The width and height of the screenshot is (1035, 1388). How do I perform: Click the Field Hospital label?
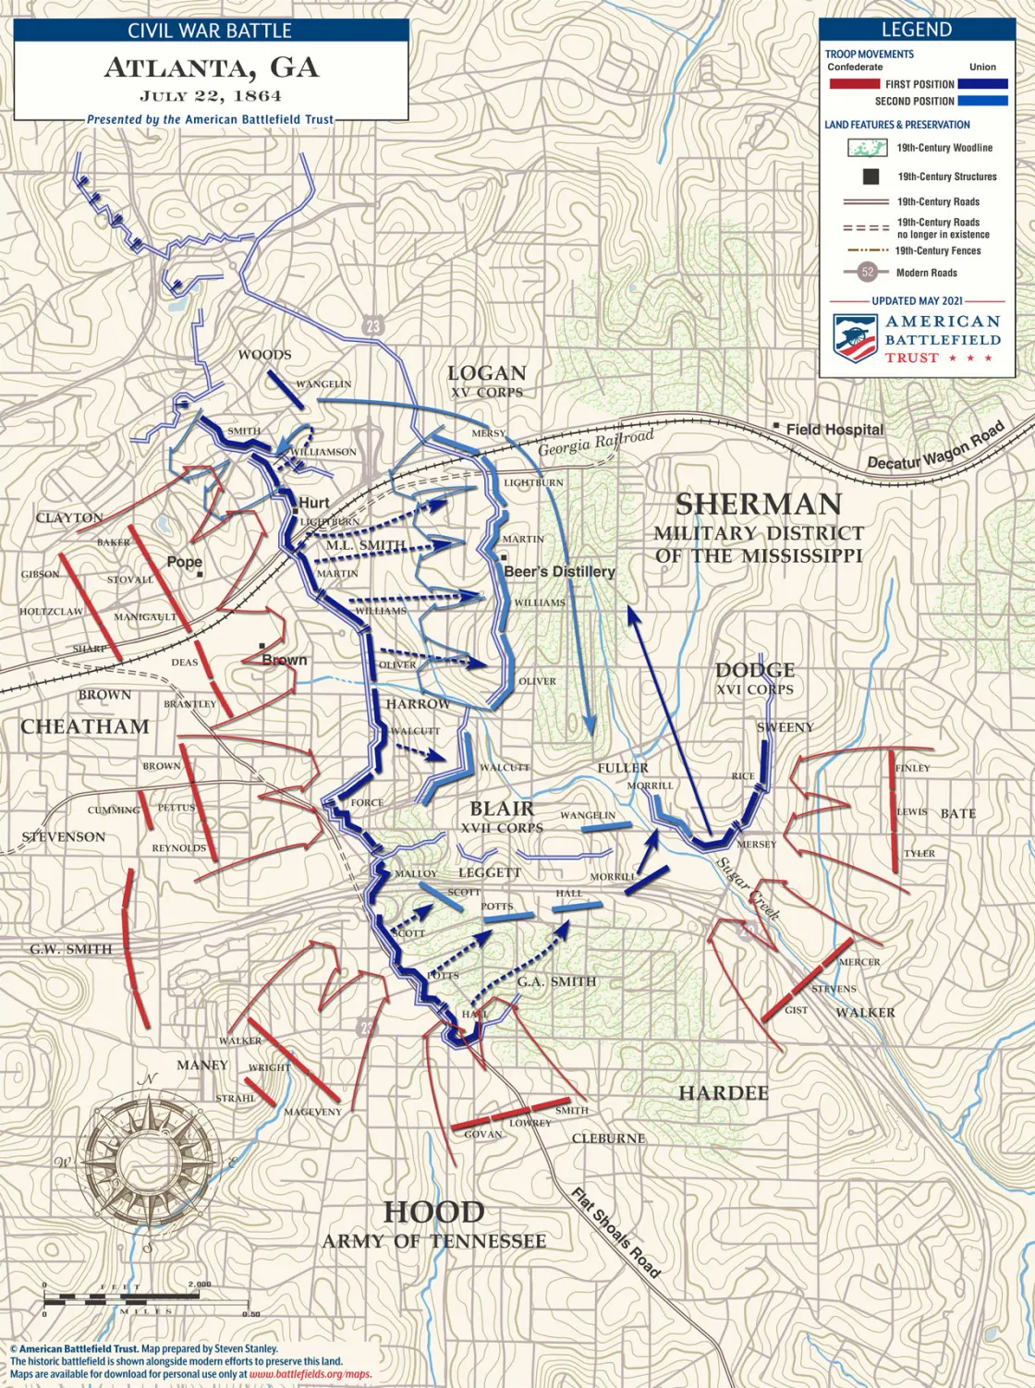(834, 430)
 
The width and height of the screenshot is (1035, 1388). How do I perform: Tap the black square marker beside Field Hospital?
(776, 426)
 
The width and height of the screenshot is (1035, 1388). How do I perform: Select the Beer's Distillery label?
(560, 572)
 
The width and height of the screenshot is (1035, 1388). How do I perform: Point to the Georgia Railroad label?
(596, 444)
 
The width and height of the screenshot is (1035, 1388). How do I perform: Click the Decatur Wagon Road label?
(935, 445)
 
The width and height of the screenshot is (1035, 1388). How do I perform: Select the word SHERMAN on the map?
(759, 505)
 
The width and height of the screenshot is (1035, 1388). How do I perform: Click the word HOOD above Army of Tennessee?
(433, 1211)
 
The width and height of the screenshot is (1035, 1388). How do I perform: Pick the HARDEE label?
(724, 1093)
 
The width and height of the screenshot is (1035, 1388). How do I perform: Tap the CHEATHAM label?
(85, 727)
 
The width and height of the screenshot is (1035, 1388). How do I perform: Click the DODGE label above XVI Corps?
(755, 670)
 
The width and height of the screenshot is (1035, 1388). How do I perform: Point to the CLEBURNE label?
(608, 1138)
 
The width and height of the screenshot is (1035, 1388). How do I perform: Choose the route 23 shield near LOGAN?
(372, 325)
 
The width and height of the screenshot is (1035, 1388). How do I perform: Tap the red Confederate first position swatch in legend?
(854, 84)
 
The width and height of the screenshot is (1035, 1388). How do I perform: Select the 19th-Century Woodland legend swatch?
(867, 148)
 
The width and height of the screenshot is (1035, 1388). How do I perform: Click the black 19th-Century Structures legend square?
(870, 177)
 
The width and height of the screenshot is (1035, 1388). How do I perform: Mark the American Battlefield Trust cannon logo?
(855, 336)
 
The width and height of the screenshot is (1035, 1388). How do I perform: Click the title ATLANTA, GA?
(212, 67)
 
